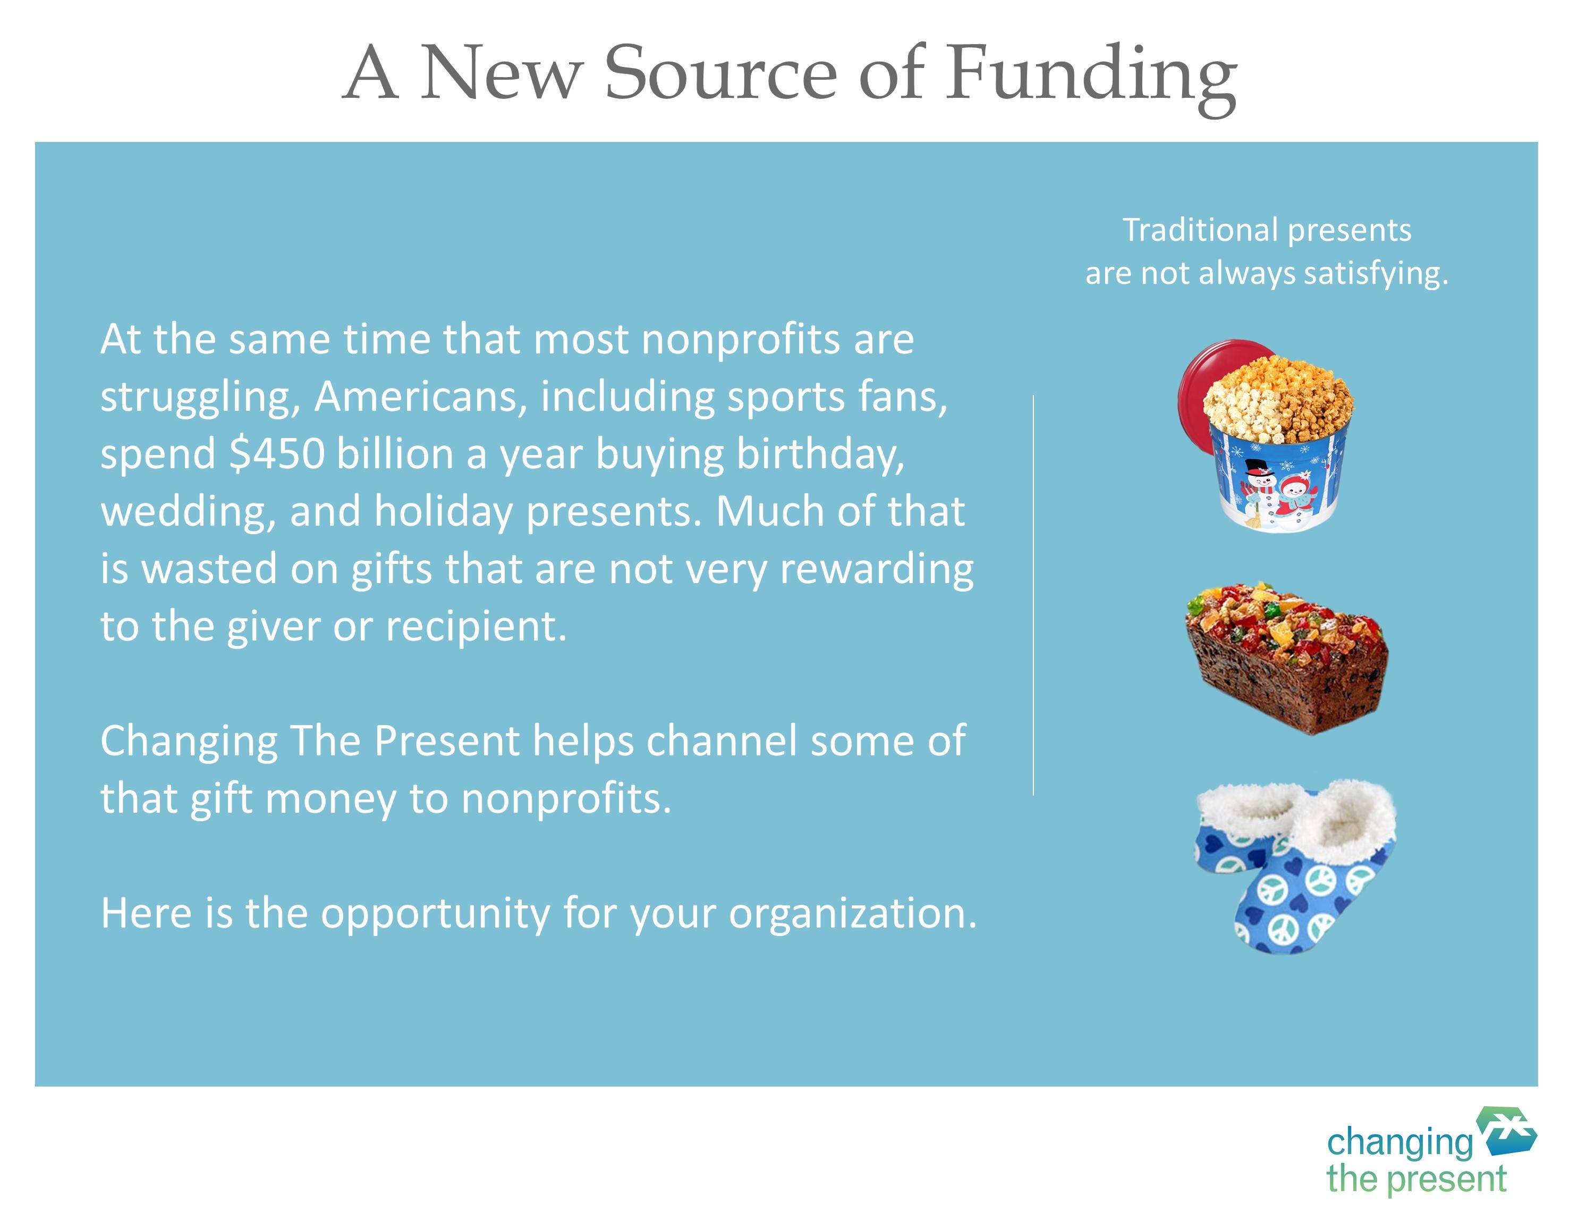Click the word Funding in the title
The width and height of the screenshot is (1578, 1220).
click(x=1092, y=76)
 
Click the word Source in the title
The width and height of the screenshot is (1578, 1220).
click(x=719, y=72)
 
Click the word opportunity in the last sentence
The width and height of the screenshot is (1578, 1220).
click(x=436, y=914)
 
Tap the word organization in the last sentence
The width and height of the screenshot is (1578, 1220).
click(x=853, y=914)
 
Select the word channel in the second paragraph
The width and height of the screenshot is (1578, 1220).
click(x=722, y=741)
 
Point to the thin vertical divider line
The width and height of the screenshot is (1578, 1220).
click(x=1033, y=595)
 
